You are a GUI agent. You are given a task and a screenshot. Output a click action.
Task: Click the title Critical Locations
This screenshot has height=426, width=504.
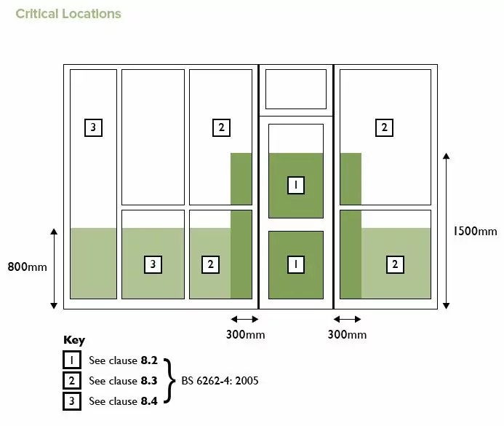[68, 14]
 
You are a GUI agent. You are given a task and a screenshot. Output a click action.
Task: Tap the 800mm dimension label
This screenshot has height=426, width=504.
[28, 267]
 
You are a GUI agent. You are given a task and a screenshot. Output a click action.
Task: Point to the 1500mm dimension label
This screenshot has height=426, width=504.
[475, 232]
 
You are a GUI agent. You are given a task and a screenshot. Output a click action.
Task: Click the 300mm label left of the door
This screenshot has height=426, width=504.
[246, 335]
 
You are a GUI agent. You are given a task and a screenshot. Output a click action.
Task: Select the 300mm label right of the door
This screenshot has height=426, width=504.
[347, 335]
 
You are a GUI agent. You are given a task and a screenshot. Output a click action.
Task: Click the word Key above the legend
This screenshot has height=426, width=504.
[74, 340]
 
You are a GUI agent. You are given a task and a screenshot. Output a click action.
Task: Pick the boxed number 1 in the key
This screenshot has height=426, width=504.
[72, 360]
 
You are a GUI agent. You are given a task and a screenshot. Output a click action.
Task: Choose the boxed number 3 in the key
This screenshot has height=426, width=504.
[72, 401]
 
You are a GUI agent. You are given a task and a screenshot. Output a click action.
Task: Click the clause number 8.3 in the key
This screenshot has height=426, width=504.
[149, 381]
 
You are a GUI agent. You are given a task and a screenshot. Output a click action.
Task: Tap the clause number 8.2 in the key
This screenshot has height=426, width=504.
[149, 360]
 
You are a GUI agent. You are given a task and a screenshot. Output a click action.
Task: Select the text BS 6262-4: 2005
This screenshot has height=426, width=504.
[220, 381]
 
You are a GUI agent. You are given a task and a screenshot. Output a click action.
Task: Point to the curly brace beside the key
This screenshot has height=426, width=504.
[169, 381]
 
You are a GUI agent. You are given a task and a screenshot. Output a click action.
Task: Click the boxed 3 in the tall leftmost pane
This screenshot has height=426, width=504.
[93, 127]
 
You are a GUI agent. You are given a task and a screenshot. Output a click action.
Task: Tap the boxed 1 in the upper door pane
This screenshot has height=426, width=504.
[296, 185]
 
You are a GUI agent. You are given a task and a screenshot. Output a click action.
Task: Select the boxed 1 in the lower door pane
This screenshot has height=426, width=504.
[296, 264]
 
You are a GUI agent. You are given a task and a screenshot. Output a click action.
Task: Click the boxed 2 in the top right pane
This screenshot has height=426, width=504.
[384, 127]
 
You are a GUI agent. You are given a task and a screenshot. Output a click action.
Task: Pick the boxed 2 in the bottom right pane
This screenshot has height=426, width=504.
[395, 264]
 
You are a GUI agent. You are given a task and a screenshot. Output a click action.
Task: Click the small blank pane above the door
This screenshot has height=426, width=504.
[296, 89]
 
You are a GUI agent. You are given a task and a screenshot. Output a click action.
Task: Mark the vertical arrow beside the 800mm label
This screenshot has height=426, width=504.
[54, 269]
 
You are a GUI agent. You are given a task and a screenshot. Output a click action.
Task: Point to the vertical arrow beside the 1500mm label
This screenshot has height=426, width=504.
[446, 231]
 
